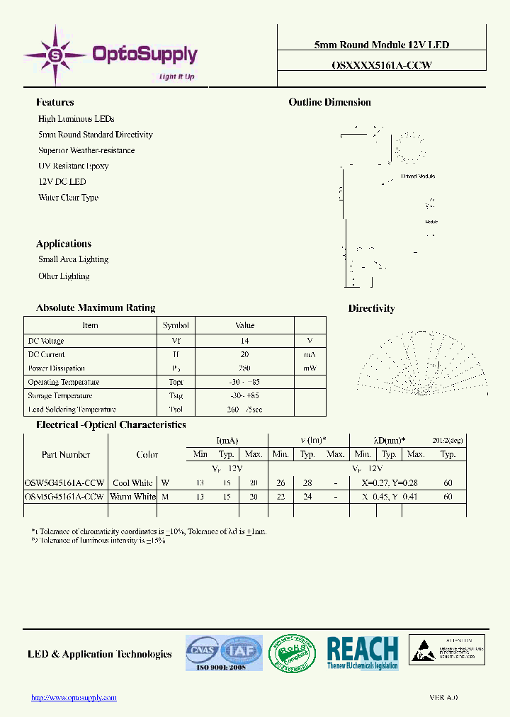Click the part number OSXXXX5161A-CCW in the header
(x=381, y=64)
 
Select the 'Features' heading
(x=55, y=102)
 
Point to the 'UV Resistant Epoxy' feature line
(x=73, y=166)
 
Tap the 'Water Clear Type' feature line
(x=68, y=198)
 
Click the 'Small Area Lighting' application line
(x=73, y=259)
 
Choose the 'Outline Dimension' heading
(x=329, y=102)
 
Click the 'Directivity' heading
(x=371, y=308)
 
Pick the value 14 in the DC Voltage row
(x=244, y=341)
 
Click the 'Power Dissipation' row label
(x=56, y=368)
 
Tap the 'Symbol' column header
(x=176, y=325)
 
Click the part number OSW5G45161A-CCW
(x=64, y=483)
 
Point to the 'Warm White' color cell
(x=132, y=497)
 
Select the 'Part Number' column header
(x=65, y=455)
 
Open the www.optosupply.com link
(x=74, y=698)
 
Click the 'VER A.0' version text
(x=443, y=698)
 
